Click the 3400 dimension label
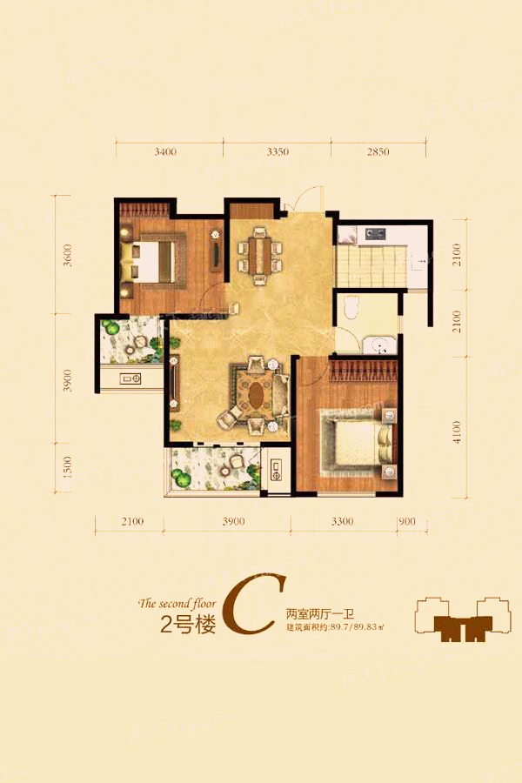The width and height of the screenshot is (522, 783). tap(165, 151)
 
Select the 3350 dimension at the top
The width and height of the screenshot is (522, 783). tap(277, 151)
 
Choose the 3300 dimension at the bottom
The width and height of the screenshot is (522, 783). tap(342, 522)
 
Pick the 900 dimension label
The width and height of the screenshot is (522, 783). tap(406, 522)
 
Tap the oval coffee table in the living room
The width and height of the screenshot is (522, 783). tap(258, 396)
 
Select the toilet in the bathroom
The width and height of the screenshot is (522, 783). tap(350, 308)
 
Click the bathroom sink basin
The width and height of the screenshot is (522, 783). tap(378, 345)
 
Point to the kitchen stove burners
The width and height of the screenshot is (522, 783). tap(376, 233)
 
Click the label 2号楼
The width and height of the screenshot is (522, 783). tap(187, 625)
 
